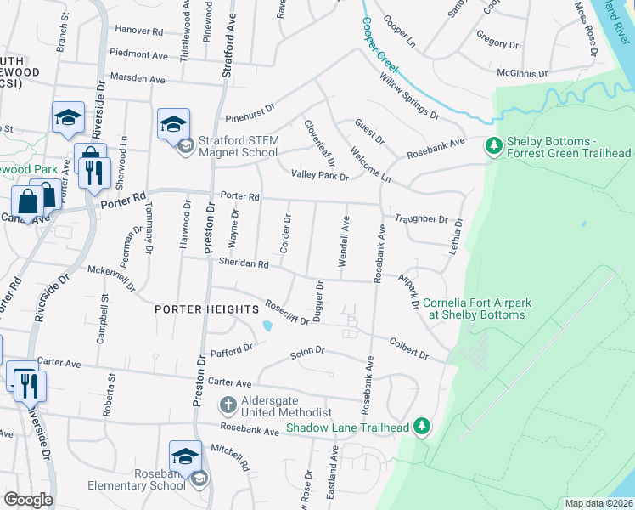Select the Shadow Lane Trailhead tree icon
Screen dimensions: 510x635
(x=421, y=428)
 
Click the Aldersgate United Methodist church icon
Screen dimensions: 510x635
(x=227, y=403)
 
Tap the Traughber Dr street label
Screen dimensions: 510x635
(x=420, y=219)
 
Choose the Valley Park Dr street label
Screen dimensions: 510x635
(x=320, y=176)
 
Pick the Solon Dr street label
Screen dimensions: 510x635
(x=308, y=350)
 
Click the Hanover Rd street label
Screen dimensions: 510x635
(x=138, y=31)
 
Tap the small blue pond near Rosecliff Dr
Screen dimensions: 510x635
(x=269, y=325)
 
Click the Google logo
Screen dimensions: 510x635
(x=28, y=499)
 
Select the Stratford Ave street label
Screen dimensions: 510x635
(x=228, y=40)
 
